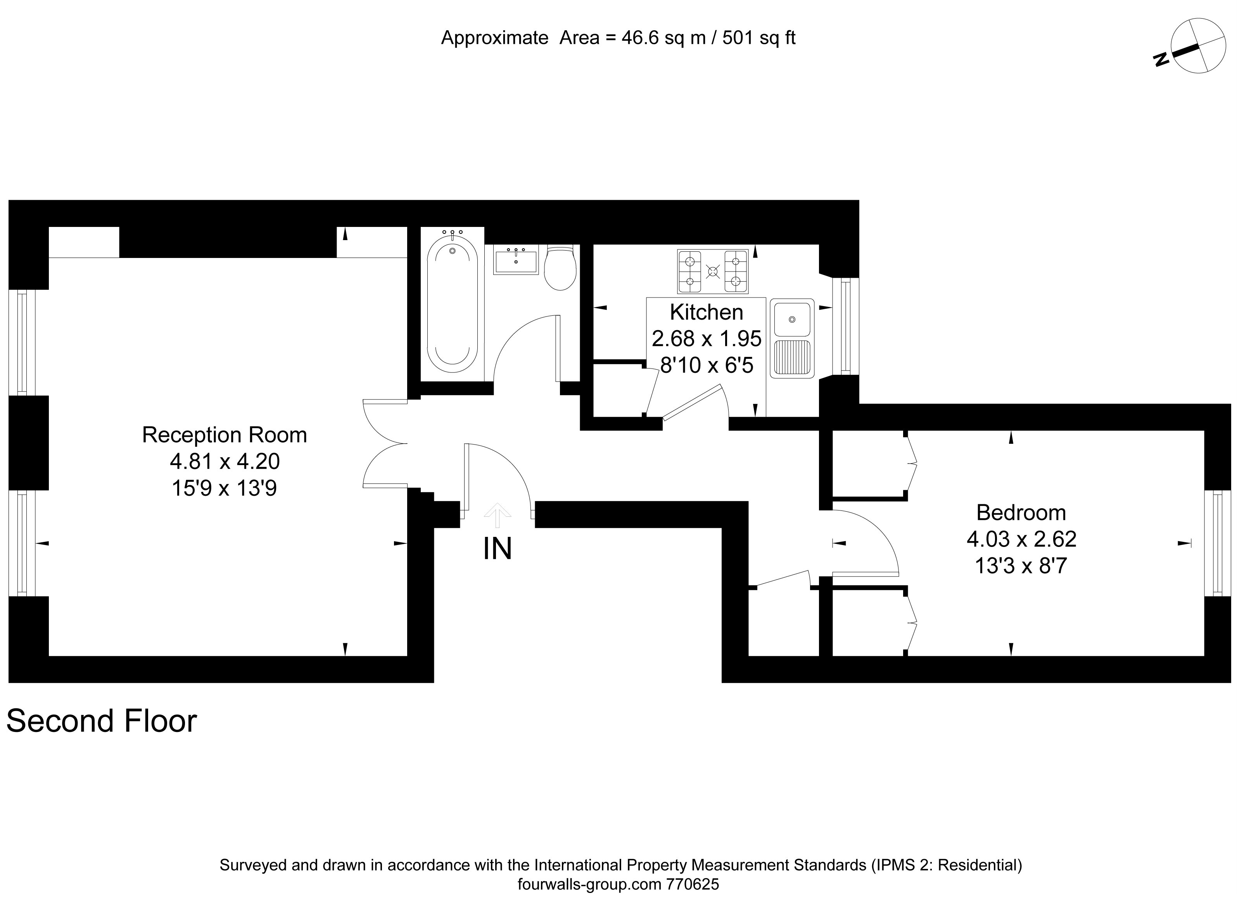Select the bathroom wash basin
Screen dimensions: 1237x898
[515, 259]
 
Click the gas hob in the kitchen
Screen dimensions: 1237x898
[712, 271]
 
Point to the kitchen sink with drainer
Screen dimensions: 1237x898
[792, 338]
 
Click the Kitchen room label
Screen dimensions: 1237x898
[706, 312]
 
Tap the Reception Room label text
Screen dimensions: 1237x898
[224, 435]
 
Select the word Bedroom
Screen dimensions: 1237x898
[1021, 513]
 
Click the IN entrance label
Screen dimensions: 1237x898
[498, 549]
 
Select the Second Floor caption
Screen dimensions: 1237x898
[102, 721]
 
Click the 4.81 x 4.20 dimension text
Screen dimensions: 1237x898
[225, 462]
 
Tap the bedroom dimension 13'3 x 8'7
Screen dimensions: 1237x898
[1021, 566]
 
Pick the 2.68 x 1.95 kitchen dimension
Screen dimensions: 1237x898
[706, 339]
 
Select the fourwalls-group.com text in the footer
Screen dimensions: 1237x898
[589, 884]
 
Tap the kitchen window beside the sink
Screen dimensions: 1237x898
[845, 327]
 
